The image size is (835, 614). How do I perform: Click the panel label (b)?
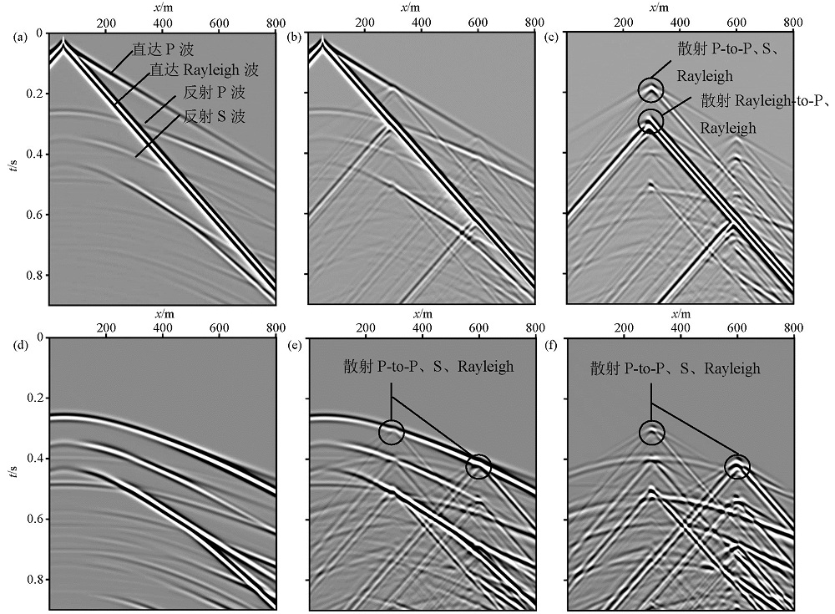294,37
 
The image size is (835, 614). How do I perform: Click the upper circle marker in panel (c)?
651,89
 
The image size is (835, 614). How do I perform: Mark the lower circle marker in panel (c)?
651,120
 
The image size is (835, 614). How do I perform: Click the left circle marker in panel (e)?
391,432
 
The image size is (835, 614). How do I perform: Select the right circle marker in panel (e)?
478,466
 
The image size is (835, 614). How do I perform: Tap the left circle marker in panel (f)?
651,432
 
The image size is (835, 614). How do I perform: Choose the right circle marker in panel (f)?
736,466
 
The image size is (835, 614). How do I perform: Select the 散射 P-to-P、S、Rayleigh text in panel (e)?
428,367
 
